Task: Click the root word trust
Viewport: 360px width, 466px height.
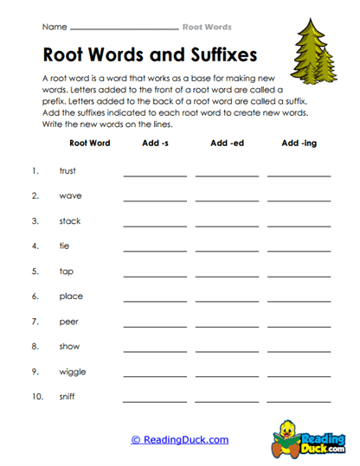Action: (67, 171)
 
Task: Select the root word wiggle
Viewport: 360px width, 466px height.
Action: (72, 373)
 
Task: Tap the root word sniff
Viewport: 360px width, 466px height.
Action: (67, 398)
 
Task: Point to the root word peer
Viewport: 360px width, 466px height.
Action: (67, 322)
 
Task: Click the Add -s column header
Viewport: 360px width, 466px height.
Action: (155, 144)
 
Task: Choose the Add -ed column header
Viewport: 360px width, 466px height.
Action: (227, 144)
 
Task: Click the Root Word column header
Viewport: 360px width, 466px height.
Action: (89, 144)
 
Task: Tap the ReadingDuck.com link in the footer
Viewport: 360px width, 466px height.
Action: (179, 440)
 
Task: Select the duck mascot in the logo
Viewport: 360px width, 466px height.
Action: (288, 436)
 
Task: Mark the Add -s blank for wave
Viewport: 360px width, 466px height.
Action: (155, 201)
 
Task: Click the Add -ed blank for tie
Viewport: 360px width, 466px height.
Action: (227, 251)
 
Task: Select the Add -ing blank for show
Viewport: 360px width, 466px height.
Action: (299, 352)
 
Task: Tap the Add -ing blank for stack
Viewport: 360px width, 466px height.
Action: (299, 226)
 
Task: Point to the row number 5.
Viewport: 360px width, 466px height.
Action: (35, 271)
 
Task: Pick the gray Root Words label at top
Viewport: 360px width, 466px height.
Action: (207, 27)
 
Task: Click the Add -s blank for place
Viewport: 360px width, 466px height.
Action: (155, 301)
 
